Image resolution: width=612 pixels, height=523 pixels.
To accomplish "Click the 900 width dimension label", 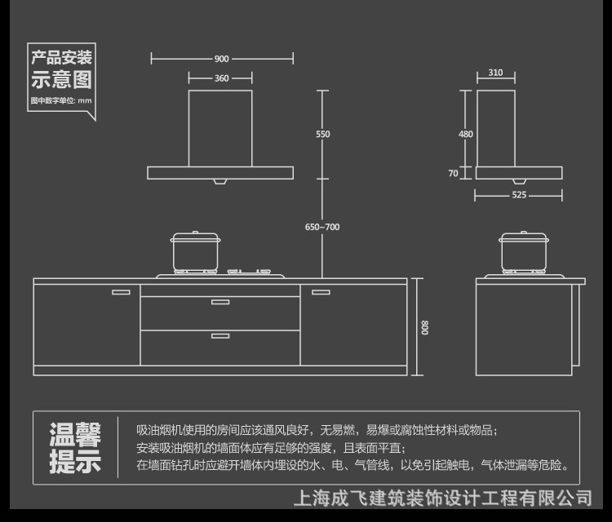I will click(x=221, y=59).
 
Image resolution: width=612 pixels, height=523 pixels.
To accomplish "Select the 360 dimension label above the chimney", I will click(x=221, y=78).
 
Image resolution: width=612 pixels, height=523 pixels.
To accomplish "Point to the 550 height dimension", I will click(x=323, y=134).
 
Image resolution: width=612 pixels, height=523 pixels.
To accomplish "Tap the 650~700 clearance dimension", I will click(x=322, y=227).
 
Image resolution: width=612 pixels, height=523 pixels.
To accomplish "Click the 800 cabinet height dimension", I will click(x=424, y=327).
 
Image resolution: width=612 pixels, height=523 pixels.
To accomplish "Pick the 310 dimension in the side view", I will click(x=495, y=73).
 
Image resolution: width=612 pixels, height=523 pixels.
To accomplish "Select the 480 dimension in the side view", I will click(x=465, y=134).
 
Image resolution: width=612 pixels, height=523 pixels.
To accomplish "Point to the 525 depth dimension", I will click(x=519, y=195).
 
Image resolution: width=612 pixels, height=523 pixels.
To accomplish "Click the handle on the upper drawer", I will click(x=220, y=302).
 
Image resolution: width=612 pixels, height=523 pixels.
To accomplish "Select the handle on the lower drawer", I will click(x=220, y=335).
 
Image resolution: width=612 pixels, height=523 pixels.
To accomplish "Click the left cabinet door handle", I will click(x=121, y=291).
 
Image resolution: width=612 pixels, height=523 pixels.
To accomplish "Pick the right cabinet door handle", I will click(x=321, y=291).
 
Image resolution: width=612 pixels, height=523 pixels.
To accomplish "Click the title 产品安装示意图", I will click(x=61, y=69).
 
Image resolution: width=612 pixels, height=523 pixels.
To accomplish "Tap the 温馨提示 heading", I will click(x=75, y=447).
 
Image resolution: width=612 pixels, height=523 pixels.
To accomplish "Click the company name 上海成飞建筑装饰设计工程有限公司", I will click(x=441, y=497).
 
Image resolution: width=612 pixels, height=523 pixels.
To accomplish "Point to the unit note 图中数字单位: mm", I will click(x=61, y=100).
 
